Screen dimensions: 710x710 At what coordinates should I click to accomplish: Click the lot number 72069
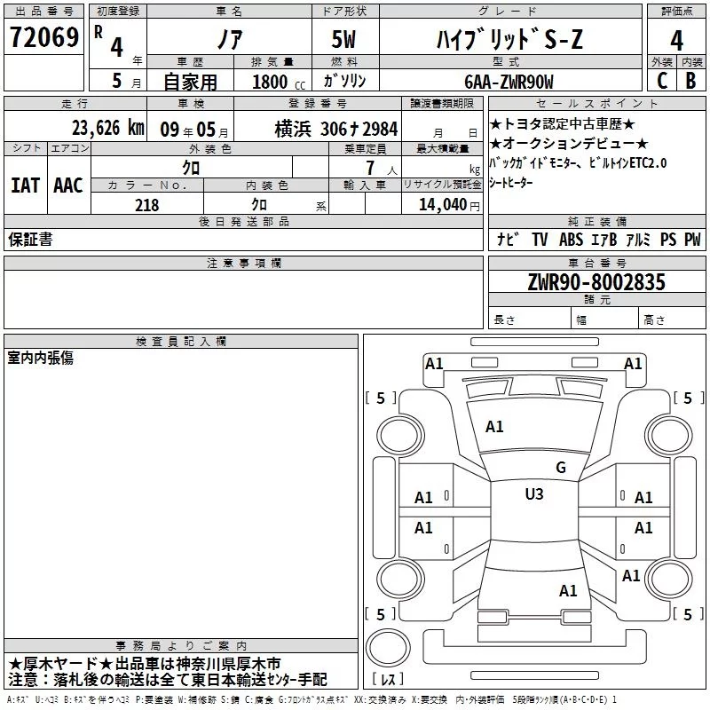point(44,37)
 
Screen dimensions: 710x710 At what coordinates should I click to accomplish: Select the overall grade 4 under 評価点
point(676,41)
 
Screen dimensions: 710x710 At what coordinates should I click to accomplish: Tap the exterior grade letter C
point(662,81)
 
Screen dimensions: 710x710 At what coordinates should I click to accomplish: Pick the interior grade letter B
point(690,81)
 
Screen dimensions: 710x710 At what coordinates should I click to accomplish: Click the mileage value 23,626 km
point(108,128)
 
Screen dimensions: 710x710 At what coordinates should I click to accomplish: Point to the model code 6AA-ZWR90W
point(509,82)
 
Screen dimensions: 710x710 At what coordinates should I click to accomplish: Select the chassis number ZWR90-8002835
point(596,282)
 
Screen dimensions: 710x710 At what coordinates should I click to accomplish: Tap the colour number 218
point(146,205)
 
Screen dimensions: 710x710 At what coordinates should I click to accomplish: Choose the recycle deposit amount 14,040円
point(449,205)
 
